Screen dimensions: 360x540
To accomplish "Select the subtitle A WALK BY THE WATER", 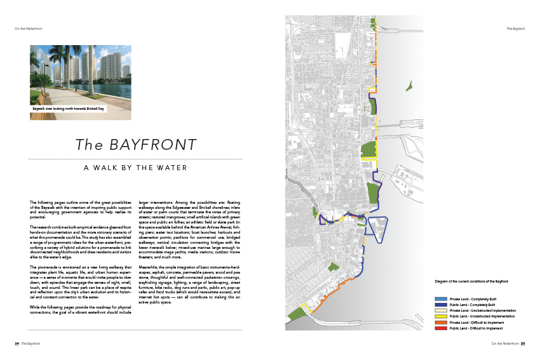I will click(136, 168).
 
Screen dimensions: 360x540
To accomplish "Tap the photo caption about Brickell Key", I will click(69, 109).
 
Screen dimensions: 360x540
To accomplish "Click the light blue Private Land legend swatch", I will click(442, 298).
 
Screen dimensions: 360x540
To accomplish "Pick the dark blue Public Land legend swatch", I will click(442, 304).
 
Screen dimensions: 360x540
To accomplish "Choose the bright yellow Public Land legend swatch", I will click(442, 316).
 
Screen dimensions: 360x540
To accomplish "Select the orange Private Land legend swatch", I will click(442, 322).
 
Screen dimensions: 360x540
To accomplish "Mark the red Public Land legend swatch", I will click(442, 328).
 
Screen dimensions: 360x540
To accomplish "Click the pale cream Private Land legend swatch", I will click(442, 310).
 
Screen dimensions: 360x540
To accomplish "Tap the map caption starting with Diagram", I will click(471, 281).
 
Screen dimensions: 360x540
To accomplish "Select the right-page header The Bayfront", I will click(515, 29).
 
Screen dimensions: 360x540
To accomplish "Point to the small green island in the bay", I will click(410, 85).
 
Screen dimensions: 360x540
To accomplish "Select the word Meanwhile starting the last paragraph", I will click(150, 267).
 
